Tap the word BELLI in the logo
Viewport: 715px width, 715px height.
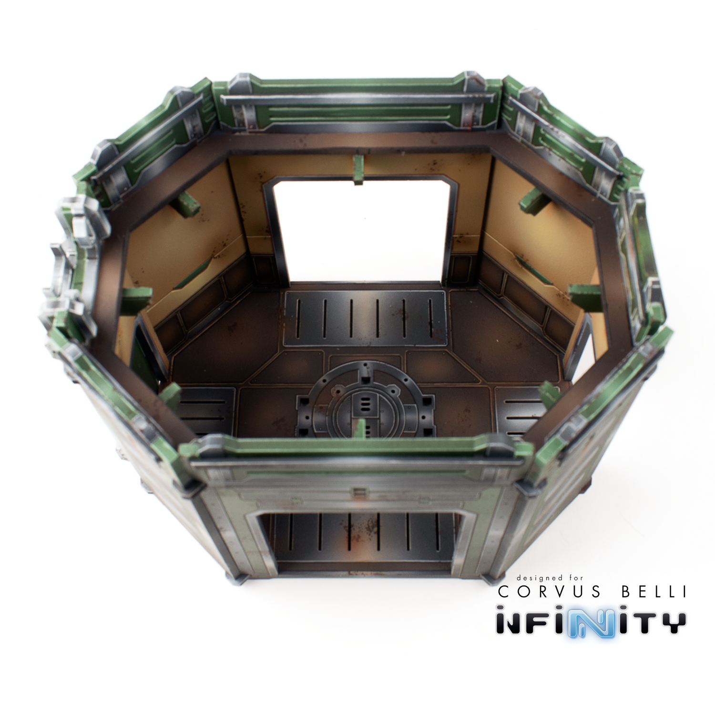(x=652, y=592)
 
